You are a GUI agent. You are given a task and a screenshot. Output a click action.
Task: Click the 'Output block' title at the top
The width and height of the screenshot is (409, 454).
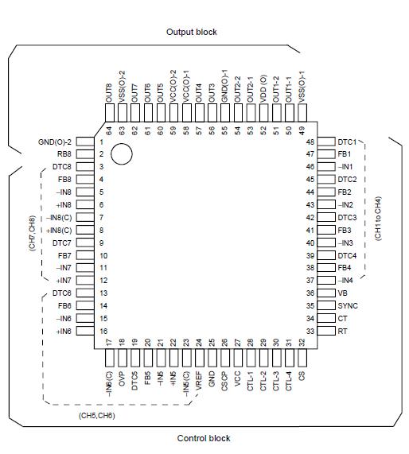(x=191, y=32)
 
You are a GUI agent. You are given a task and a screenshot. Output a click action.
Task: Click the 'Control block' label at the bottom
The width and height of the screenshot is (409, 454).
(x=203, y=438)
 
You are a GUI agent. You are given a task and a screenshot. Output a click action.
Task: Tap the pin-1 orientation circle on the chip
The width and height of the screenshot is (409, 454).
(x=121, y=154)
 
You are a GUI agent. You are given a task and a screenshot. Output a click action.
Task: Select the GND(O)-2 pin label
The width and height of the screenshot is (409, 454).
(x=55, y=142)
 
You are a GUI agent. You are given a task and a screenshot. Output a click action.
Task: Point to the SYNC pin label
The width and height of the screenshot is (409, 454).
(x=348, y=305)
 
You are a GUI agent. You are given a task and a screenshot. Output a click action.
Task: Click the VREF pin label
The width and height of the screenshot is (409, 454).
(x=199, y=376)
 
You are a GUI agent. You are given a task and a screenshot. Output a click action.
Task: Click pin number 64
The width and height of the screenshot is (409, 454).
(x=109, y=129)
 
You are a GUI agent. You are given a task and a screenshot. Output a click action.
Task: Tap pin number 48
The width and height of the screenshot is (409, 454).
(x=310, y=142)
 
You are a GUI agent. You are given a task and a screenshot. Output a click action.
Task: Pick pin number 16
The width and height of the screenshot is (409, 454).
(x=103, y=331)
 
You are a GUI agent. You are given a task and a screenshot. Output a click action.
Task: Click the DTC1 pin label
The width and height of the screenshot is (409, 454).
(x=346, y=142)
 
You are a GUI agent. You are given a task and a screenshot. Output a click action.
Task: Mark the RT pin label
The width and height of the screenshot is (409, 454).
(x=342, y=331)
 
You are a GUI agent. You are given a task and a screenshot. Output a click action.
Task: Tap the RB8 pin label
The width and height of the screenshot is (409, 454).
(x=63, y=155)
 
